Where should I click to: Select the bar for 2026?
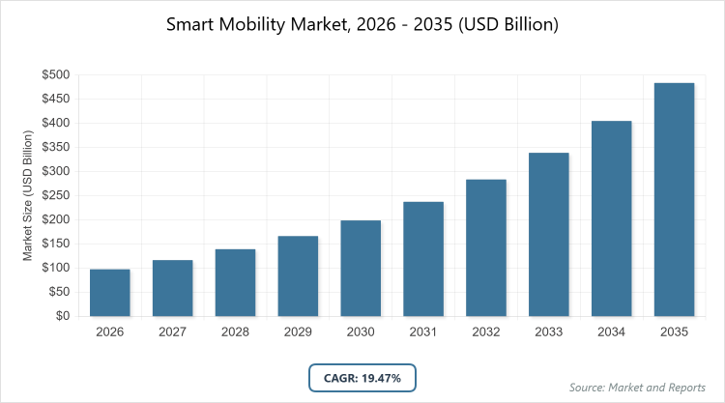click(109, 293)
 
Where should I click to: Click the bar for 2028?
click(235, 283)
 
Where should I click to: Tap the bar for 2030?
click(361, 269)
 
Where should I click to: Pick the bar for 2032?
click(486, 247)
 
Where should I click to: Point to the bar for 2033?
click(549, 235)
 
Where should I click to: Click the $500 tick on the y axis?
click(54, 74)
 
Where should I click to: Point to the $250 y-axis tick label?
click(54, 195)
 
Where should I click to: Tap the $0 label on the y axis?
click(61, 316)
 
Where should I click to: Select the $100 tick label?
click(54, 268)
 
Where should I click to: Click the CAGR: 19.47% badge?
click(362, 377)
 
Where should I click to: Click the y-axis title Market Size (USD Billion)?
click(28, 195)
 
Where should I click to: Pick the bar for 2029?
click(298, 276)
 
